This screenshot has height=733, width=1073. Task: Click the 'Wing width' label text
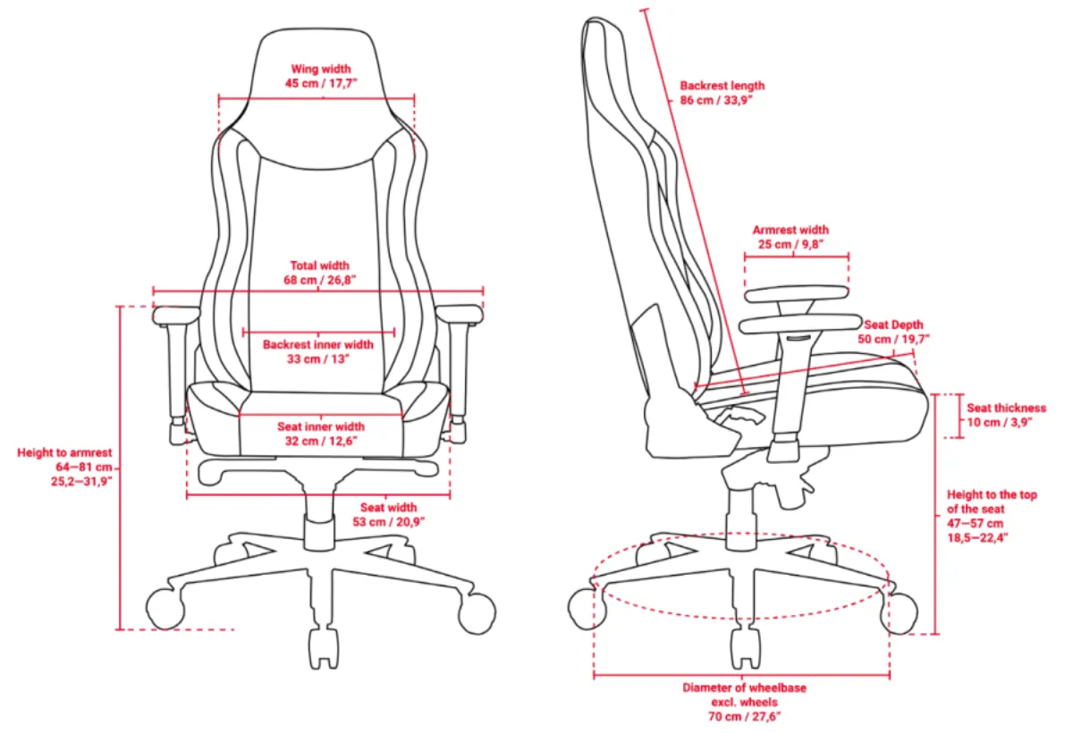coord(321,69)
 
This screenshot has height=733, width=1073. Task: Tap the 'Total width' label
coord(319,265)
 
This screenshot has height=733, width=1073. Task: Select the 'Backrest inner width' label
coord(318,345)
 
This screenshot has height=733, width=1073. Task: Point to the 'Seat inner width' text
coord(321,426)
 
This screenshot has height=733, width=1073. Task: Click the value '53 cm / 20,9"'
coord(388,522)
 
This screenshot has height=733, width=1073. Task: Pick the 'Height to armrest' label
coord(64,453)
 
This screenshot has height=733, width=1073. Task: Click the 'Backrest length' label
coord(722,86)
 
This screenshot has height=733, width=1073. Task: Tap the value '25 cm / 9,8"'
coord(790,244)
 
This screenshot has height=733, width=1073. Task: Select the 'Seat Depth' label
coord(893,324)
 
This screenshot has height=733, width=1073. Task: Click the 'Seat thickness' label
coord(1007,408)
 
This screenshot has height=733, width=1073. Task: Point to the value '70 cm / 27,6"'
coord(744,717)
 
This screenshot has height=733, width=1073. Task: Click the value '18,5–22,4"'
coord(977,537)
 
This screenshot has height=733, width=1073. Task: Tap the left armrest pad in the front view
coord(176,316)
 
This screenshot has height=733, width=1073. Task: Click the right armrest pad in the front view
coord(460,315)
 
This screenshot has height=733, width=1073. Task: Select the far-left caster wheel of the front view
coord(165,609)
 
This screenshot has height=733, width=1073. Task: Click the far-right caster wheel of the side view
coord(900,613)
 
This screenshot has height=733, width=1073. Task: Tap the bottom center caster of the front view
coord(324,649)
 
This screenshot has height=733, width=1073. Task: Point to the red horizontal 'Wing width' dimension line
coord(317,98)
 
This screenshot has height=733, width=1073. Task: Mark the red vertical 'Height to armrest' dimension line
coord(120,468)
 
